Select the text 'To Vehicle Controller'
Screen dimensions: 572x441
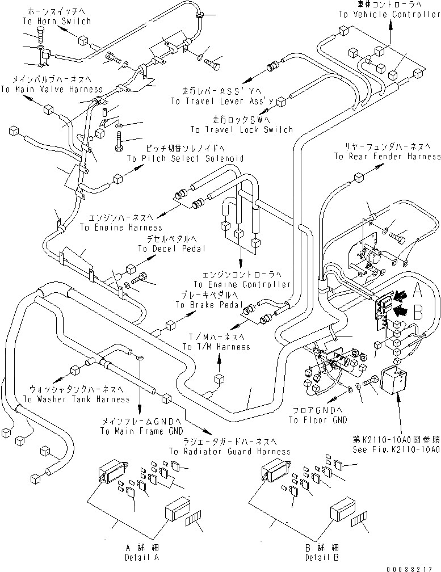click(x=389, y=15)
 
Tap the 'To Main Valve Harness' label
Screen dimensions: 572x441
click(x=52, y=89)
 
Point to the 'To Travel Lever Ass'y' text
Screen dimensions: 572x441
click(x=230, y=101)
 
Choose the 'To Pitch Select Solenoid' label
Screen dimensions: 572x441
click(x=186, y=159)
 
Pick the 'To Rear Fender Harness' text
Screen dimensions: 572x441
click(x=388, y=156)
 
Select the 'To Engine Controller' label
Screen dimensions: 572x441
click(x=242, y=284)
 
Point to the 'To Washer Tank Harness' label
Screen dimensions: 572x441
click(x=76, y=399)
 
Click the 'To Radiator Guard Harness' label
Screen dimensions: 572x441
click(x=229, y=452)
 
